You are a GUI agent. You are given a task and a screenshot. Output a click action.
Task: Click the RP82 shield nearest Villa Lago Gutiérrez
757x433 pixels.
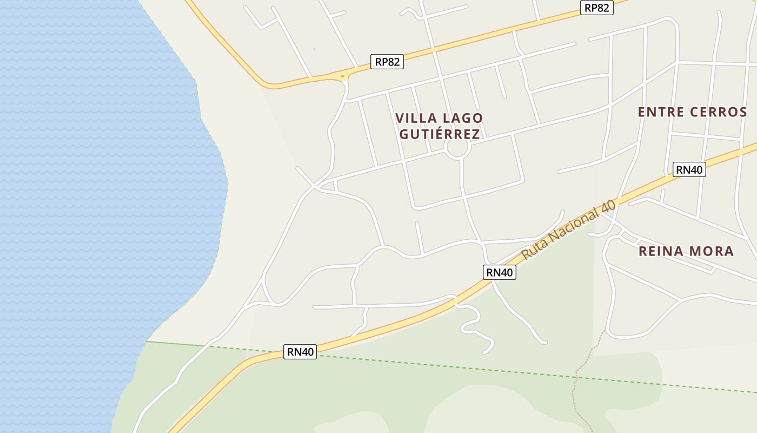tap(387, 62)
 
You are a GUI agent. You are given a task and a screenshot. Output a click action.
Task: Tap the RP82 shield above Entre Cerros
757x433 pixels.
tap(597, 8)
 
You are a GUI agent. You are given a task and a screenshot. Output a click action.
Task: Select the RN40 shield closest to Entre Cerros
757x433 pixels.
tap(689, 169)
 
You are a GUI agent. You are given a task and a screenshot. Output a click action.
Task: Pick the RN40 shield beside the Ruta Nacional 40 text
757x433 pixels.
tap(499, 272)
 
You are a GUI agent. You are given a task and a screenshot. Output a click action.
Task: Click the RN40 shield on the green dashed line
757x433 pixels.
tap(300, 352)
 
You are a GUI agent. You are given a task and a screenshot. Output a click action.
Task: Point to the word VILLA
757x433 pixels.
tap(416, 118)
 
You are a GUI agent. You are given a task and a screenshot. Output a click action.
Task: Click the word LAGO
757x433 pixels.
tap(463, 118)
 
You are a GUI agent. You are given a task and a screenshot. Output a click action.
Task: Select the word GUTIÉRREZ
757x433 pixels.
tap(439, 134)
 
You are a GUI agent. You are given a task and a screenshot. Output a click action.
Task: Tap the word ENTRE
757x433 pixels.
tap(662, 112)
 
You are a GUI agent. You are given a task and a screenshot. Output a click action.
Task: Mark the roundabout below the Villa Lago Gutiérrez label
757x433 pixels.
tap(456, 149)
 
